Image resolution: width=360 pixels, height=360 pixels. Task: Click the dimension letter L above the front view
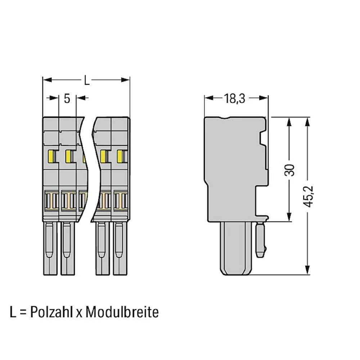click(86, 80)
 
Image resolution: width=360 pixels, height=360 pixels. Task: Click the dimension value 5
click(67, 99)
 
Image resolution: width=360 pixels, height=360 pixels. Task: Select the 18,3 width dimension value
click(234, 99)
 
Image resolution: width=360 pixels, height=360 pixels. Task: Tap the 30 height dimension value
click(289, 170)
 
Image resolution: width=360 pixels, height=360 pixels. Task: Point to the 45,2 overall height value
click(308, 196)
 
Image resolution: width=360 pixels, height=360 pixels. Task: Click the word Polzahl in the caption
click(51, 312)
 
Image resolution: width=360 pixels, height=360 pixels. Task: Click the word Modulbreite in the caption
click(122, 312)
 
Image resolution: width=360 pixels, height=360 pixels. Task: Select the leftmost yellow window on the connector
click(50, 156)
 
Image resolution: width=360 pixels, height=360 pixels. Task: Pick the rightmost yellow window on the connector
click(120, 156)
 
